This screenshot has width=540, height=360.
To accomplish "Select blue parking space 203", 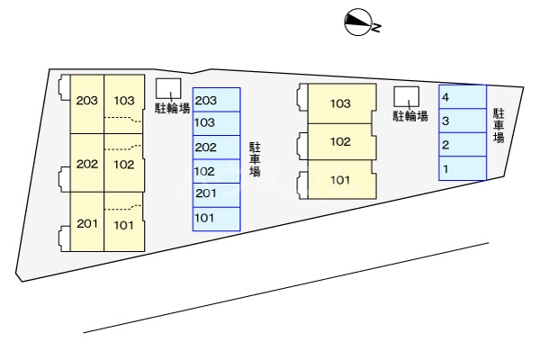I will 217,100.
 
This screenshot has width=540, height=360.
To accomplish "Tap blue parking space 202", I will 217,147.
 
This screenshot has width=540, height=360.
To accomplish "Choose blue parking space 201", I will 217,193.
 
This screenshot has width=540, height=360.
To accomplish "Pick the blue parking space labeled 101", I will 217,217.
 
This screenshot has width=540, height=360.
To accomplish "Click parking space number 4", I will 463,96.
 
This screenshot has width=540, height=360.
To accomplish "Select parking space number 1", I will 463,168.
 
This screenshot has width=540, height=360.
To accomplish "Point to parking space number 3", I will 463,120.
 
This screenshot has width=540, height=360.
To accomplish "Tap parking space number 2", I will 463,144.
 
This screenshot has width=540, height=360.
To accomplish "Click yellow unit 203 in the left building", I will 87,102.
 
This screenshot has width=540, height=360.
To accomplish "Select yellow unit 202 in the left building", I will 87,164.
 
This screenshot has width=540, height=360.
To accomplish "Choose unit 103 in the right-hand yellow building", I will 340,104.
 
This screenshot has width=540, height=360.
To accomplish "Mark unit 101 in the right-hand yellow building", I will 340,179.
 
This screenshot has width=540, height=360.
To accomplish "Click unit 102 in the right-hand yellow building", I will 340,141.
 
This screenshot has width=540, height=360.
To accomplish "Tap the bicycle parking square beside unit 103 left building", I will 168,88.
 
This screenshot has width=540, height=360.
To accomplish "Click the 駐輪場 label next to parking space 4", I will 409,116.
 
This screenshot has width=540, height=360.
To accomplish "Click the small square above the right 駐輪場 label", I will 406,95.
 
